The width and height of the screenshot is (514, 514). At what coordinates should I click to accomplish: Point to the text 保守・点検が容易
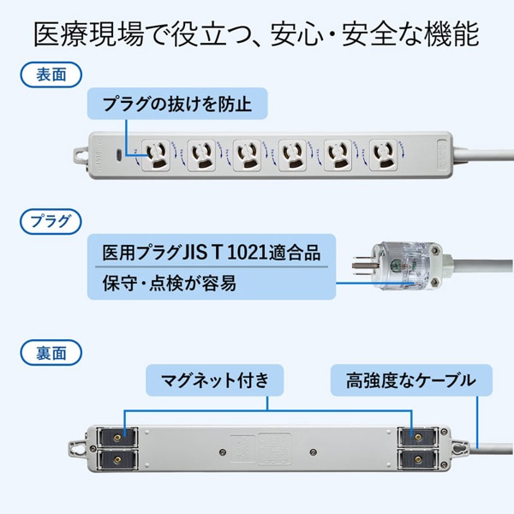pyautogui.click(x=162, y=282)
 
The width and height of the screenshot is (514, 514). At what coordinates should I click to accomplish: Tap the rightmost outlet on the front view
pyautogui.click(x=381, y=153)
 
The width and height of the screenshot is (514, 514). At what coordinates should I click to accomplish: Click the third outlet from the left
pyautogui.click(x=246, y=153)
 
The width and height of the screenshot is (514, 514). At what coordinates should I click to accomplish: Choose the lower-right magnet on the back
pyautogui.click(x=420, y=459)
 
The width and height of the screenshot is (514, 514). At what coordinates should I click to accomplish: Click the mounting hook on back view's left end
pyautogui.click(x=75, y=447)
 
